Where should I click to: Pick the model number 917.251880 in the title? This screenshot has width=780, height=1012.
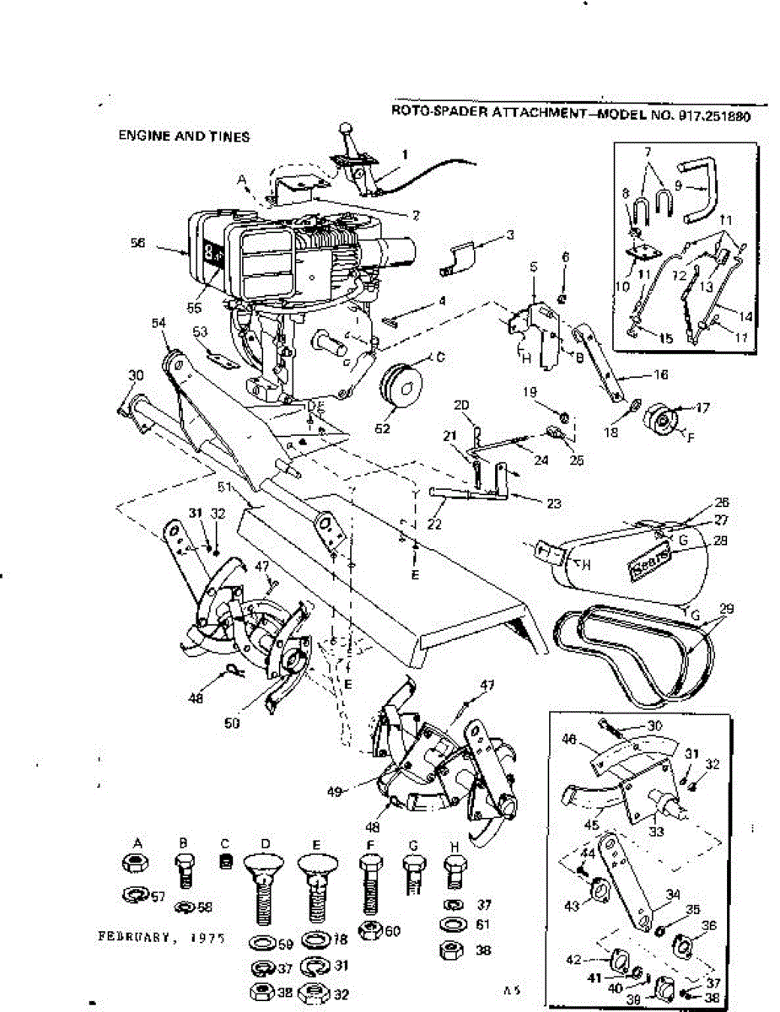[x=713, y=117]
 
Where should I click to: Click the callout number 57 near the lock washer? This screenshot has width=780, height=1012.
[x=159, y=895]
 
